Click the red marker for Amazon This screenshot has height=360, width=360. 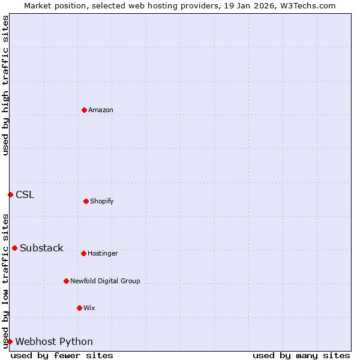coord(84,110)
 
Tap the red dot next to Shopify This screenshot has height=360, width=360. coord(86,201)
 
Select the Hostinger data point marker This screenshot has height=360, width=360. coord(83,253)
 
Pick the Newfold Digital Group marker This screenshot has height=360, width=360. coord(66,281)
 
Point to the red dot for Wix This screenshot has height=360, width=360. coord(79,308)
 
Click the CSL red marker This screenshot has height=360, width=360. coord(10,194)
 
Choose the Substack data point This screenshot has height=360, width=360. coord(14,248)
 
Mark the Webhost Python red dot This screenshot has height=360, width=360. coord(10,341)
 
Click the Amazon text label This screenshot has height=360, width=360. coord(101,110)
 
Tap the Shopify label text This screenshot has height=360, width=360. coord(102,202)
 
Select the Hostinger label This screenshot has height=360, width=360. coord(103,254)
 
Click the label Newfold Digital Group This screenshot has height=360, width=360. coord(105,281)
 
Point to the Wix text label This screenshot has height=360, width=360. coord(89,308)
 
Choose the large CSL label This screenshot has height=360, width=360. coord(25,194)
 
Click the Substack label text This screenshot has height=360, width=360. coord(41,248)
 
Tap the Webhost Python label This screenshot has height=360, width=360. coord(54,342)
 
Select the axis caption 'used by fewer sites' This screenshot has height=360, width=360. coord(62,355)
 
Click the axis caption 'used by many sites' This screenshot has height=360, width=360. coord(301,355)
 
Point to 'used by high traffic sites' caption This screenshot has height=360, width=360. coord(5,85)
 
